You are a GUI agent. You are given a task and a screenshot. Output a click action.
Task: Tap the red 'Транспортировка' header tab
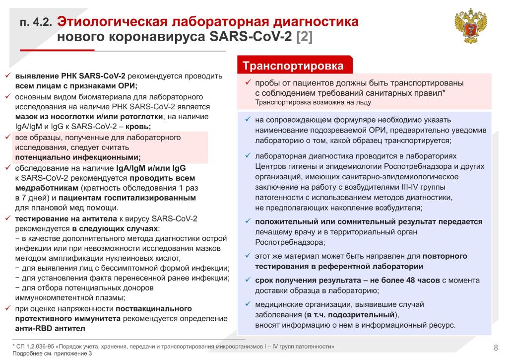click(x=293, y=66)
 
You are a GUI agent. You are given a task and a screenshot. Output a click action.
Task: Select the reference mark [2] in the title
click(x=304, y=37)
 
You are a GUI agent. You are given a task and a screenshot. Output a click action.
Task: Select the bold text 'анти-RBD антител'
click(x=50, y=328)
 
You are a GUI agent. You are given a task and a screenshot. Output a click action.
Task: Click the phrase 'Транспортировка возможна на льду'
click(x=313, y=102)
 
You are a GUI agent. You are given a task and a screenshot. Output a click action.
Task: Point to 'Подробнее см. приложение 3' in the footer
click(x=52, y=354)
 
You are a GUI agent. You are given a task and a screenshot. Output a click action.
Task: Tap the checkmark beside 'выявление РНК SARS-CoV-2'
click(x=8, y=76)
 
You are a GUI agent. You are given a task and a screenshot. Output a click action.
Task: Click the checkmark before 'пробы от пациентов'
click(x=248, y=82)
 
